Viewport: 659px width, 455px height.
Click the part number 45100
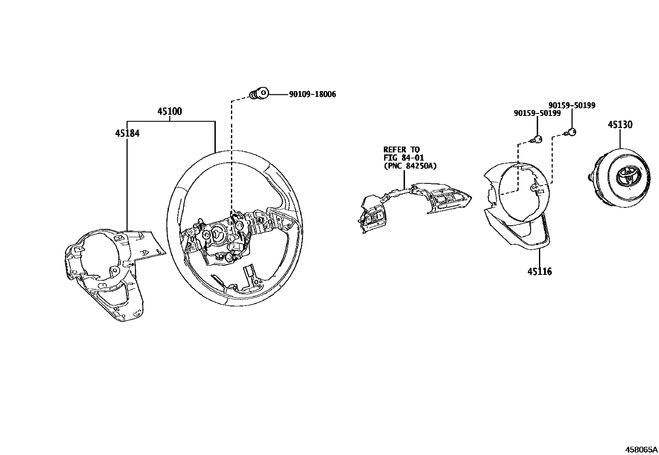coord(169,111)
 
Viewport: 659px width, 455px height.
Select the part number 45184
coord(127,133)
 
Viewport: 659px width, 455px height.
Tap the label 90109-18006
coord(312,94)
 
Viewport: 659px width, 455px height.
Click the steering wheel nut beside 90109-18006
coord(259,94)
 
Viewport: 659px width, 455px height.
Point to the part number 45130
coord(620,125)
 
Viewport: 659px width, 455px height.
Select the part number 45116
coord(539,272)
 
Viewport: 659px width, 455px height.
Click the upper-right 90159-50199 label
coord(572,106)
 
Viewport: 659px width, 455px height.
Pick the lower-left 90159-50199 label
coord(537,113)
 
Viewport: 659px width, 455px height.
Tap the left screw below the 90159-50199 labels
coord(537,140)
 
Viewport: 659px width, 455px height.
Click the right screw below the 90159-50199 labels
coord(571,132)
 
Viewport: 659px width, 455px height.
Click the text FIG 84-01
coord(403,158)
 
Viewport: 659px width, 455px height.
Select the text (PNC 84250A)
coord(410,166)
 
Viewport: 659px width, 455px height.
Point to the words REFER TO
coord(401,149)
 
